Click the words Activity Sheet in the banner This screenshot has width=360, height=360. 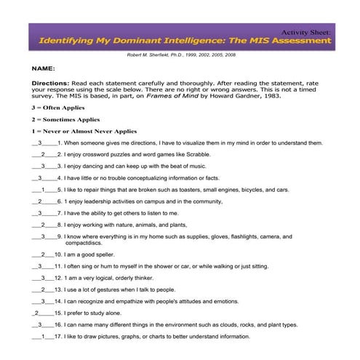point(305,32)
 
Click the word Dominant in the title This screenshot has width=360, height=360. point(141,41)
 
